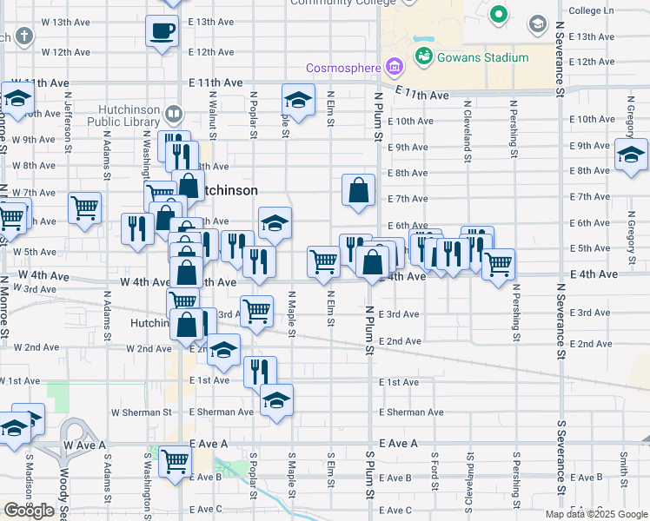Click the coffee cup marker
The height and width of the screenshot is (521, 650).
(162, 33)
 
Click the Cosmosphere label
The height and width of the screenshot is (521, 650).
(342, 67)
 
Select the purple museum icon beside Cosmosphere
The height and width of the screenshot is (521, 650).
(395, 65)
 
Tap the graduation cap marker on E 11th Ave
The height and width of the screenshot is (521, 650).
(298, 100)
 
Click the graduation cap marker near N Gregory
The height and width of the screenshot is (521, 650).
(631, 155)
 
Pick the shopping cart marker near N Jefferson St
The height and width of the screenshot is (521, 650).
(84, 208)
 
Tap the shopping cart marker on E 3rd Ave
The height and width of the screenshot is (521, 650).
(256, 310)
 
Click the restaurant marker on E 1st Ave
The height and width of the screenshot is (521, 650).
(260, 371)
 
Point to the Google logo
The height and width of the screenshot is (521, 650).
(29, 511)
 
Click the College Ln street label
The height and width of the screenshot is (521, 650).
(590, 11)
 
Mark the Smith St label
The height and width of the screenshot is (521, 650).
(623, 467)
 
